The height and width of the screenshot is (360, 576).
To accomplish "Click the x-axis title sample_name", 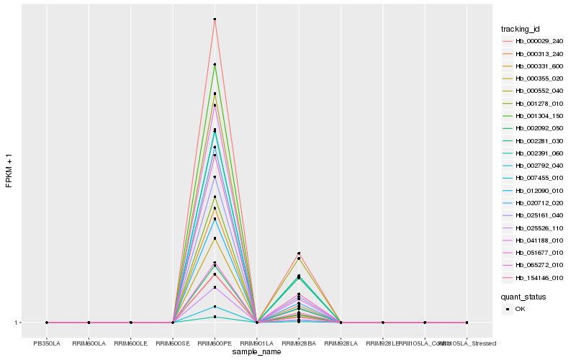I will (257, 352).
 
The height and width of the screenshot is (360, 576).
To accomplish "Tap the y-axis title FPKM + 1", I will (9, 171).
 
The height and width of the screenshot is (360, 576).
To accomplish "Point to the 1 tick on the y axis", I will (17, 323).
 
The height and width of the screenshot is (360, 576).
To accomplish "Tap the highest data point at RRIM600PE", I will (215, 19).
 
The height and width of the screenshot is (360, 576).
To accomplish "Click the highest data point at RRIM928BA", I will (299, 253).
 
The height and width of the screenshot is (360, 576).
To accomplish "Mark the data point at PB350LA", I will (47, 323).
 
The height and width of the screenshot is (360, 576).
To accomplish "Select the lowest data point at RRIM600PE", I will (215, 317).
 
